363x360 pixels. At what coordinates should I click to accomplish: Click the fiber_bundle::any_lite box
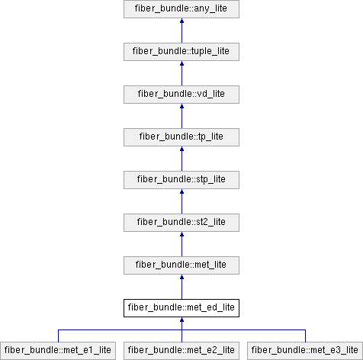(x=181, y=9)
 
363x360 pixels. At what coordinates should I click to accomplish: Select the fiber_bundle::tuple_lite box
(x=181, y=52)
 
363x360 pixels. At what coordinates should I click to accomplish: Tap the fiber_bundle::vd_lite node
(x=181, y=95)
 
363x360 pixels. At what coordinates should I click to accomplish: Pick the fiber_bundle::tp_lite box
(x=181, y=137)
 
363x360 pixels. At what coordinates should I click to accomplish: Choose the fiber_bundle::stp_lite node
(x=181, y=180)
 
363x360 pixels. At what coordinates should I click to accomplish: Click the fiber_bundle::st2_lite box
(x=181, y=223)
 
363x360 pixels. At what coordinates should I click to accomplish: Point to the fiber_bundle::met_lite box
(x=181, y=265)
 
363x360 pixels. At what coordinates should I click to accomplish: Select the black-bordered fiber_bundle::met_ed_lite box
(x=181, y=308)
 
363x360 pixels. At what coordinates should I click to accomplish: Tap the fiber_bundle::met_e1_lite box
(x=58, y=351)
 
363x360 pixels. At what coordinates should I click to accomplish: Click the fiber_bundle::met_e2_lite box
(x=181, y=351)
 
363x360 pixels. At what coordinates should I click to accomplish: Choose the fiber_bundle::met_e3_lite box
(x=305, y=351)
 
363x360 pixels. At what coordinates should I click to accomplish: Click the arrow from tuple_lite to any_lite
(x=181, y=31)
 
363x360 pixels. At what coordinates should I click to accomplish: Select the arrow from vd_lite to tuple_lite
(x=181, y=73)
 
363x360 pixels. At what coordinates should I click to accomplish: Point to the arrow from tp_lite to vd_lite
(x=181, y=116)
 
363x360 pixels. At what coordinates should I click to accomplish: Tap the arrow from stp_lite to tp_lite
(x=181, y=159)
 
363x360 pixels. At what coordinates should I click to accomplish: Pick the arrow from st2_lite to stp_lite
(x=181, y=201)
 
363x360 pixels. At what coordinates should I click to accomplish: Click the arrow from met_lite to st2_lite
(x=181, y=244)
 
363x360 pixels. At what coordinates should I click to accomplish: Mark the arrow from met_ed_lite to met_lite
(x=181, y=287)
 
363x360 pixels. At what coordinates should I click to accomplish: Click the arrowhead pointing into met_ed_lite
(x=181, y=320)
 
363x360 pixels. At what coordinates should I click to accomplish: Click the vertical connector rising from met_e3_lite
(x=305, y=336)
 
